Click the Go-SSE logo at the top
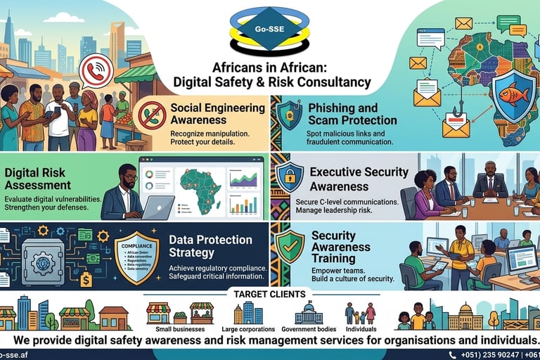coord(270,32)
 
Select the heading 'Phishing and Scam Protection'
coord(352,114)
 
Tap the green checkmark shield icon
coord(290,245)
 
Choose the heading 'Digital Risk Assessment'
coord(38,179)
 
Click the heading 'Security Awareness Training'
coord(340,247)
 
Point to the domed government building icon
coord(308,313)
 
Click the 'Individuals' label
coord(361,329)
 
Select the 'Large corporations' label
coord(247,329)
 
